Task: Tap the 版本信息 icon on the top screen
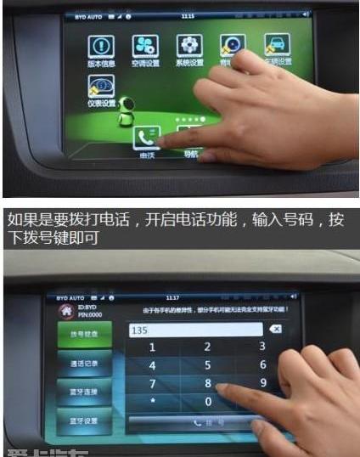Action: coord(101,47)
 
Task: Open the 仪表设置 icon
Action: coord(101,87)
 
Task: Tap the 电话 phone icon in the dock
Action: coord(147,139)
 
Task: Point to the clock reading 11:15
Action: coord(188,16)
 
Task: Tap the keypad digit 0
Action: coord(207,400)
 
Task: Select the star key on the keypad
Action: coord(153,399)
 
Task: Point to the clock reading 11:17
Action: coord(172,297)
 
